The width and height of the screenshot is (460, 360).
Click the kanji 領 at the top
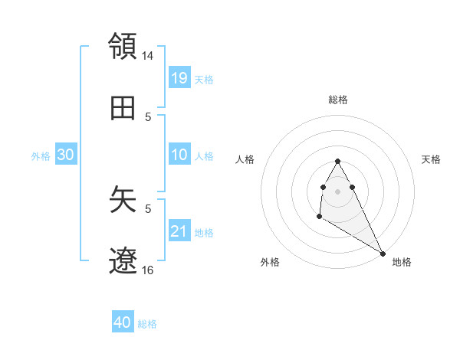(x=123, y=45)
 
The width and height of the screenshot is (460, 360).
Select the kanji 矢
(x=123, y=198)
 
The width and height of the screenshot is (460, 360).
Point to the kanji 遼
(x=123, y=261)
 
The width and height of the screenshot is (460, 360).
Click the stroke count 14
(x=148, y=56)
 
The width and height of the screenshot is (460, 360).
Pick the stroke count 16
(x=148, y=270)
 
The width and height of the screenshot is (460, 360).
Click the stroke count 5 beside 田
(x=148, y=116)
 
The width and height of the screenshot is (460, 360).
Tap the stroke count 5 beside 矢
(x=148, y=207)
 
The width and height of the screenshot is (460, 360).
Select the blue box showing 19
(x=179, y=78)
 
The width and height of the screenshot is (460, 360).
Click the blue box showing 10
(x=179, y=155)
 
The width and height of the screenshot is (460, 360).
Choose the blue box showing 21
(x=179, y=231)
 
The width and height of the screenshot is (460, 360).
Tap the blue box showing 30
(x=66, y=155)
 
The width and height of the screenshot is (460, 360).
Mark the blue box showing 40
(x=123, y=322)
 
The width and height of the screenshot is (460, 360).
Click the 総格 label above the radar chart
(x=337, y=100)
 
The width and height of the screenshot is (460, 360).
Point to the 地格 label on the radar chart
(x=402, y=262)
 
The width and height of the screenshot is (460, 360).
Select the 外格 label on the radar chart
(x=270, y=262)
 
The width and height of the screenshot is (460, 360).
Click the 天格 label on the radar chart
(x=431, y=159)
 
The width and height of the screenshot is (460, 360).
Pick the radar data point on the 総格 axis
(x=337, y=161)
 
